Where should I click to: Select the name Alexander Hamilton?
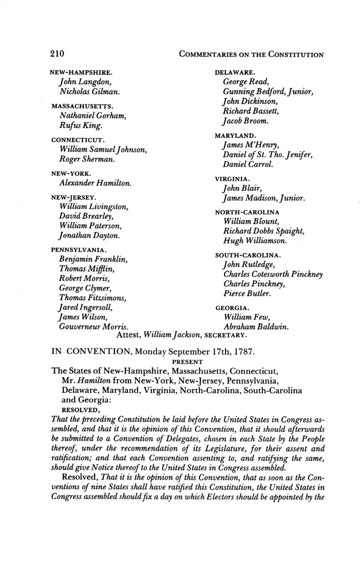(x=96, y=183)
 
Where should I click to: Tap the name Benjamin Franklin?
(x=93, y=260)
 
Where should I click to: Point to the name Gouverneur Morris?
(x=93, y=327)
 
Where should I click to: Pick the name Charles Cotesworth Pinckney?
(x=273, y=274)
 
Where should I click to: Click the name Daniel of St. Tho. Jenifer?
(x=267, y=155)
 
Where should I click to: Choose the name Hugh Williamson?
(x=255, y=241)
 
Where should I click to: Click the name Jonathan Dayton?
(x=90, y=235)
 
